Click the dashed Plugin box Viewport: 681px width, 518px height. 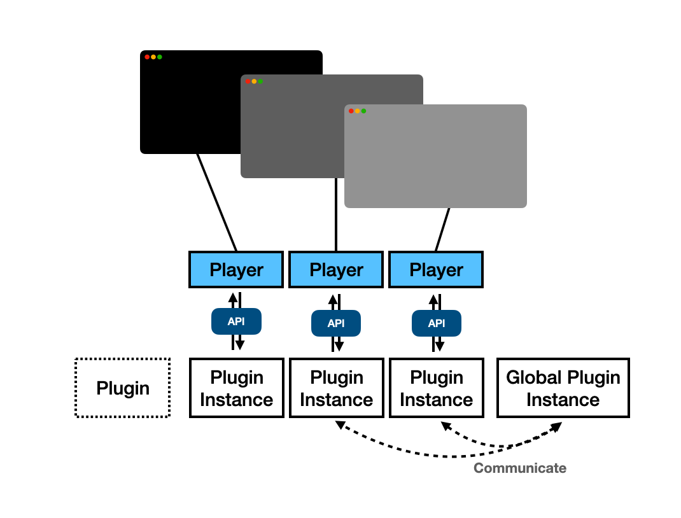123,388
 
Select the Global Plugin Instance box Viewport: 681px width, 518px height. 563,388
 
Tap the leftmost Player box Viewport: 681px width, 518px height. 236,270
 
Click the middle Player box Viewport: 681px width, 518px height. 336,270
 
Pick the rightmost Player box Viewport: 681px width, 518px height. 436,270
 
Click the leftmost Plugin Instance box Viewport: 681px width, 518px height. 236,388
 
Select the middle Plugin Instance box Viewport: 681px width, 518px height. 336,388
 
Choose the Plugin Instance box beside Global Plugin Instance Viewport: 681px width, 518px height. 436,388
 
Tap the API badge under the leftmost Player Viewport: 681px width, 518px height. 236,321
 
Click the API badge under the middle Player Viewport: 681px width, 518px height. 336,323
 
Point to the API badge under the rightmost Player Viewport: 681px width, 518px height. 436,323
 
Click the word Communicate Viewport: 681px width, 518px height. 519,468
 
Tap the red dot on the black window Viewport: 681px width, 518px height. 147,57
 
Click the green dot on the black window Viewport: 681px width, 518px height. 160,57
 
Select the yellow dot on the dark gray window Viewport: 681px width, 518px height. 254,81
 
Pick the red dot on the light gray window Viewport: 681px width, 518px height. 351,111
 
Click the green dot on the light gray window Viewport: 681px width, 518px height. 364,111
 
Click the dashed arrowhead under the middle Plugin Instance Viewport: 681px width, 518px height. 340,424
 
